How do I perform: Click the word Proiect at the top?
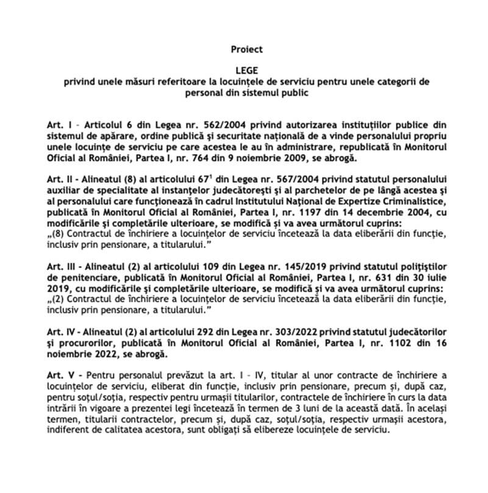pyautogui.click(x=243, y=48)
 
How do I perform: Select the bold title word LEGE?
pyautogui.click(x=243, y=71)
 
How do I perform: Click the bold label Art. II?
pyautogui.click(x=62, y=177)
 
